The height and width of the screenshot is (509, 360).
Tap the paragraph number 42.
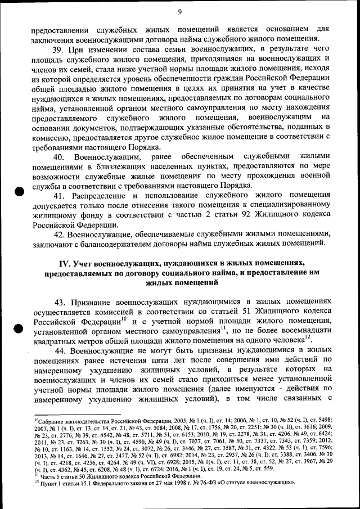pos(59,233)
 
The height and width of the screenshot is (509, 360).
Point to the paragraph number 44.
pos(59,350)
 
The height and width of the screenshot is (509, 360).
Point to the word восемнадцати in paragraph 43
pos(304,331)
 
